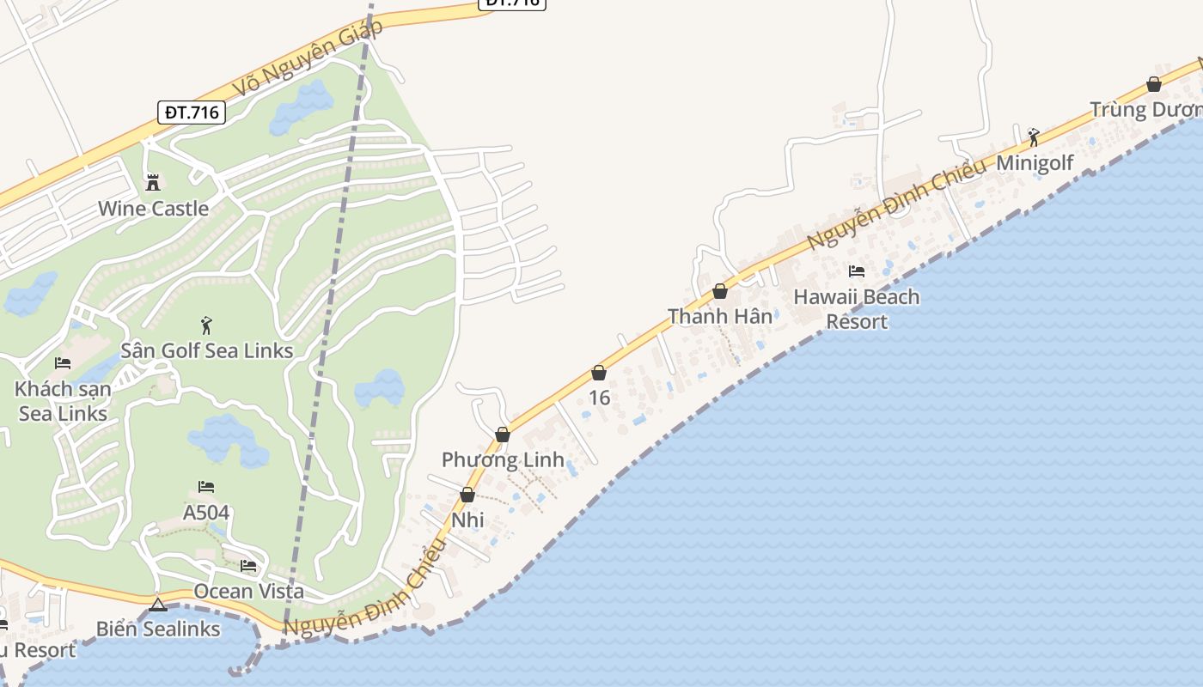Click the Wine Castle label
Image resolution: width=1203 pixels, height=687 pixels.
click(x=153, y=209)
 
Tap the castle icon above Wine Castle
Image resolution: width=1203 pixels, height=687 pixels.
click(x=153, y=182)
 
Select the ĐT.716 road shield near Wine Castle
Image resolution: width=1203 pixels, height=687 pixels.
click(x=192, y=112)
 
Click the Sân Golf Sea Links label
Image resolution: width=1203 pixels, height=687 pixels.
click(x=206, y=350)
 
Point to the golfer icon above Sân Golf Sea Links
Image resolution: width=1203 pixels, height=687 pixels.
click(x=206, y=325)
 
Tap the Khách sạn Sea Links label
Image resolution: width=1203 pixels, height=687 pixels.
click(x=63, y=401)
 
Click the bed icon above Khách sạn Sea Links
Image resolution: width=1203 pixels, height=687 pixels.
click(x=63, y=363)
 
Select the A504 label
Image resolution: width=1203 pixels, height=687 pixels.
click(x=206, y=513)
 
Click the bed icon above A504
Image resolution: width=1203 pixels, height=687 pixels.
click(x=206, y=487)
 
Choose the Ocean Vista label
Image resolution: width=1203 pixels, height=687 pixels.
click(x=248, y=592)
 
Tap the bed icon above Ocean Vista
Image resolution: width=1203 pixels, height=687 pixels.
click(x=248, y=566)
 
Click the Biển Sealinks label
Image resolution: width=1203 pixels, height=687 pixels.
click(x=158, y=629)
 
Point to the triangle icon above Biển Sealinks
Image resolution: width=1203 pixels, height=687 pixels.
click(x=157, y=605)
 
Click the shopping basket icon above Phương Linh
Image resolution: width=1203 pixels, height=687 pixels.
click(x=503, y=435)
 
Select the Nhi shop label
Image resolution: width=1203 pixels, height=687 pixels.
click(x=467, y=520)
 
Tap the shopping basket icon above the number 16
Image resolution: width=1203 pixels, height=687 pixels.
click(x=599, y=373)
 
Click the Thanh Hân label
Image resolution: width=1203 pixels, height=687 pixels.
click(x=720, y=317)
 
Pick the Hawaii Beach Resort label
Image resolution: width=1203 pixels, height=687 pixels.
click(x=856, y=309)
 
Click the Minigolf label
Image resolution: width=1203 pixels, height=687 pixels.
click(x=1035, y=163)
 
